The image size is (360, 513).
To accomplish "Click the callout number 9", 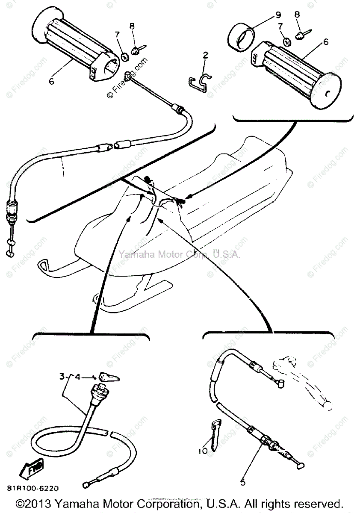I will (x=278, y=15).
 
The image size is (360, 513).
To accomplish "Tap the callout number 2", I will (x=205, y=55).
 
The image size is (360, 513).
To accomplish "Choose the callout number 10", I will (x=203, y=451).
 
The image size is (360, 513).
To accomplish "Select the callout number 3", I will (x=62, y=377).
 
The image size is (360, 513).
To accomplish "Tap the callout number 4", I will (x=77, y=377).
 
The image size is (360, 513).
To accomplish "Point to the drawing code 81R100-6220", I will (x=32, y=488).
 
